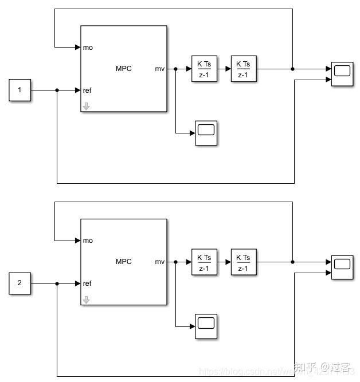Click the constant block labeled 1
19,90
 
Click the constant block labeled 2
19,283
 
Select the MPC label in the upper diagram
123,69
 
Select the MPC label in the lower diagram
123,262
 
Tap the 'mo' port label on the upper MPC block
88,47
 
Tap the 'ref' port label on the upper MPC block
87,90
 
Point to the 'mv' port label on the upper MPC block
159,69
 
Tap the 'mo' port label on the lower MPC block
88,241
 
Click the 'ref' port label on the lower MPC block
87,283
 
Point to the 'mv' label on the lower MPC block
159,262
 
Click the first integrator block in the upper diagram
204,69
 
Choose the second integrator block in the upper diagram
243,69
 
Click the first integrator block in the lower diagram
204,262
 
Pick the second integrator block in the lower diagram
243,262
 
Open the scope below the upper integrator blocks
206,133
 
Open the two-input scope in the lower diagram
342,267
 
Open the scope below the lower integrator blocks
206,326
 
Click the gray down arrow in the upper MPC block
86,106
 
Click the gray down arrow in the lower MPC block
86,299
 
